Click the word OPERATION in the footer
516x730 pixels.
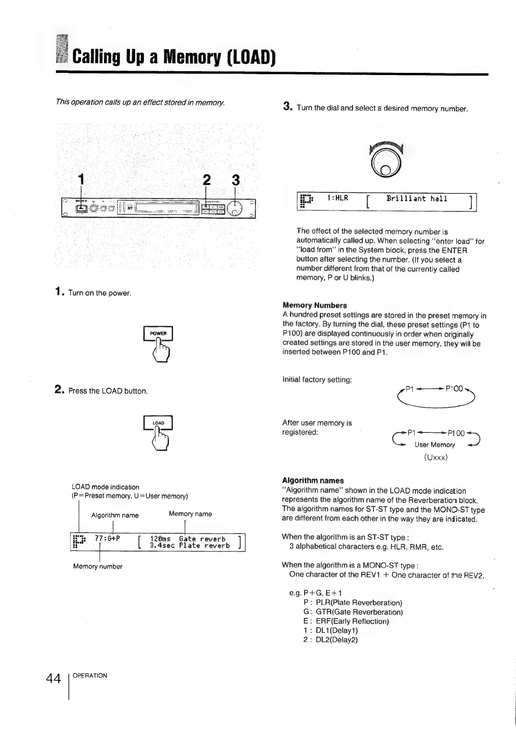coord(90,675)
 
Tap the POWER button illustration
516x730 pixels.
coord(158,334)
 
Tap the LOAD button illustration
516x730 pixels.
coord(158,423)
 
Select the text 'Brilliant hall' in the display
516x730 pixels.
coord(417,199)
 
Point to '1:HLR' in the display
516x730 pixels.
coord(338,199)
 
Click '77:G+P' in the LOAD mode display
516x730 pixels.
coord(107,539)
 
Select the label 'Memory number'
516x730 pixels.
coord(97,566)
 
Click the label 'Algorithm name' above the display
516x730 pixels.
coord(115,515)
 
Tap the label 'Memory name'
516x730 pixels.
coord(190,514)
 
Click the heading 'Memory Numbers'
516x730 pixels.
coord(315,305)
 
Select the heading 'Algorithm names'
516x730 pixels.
coord(312,481)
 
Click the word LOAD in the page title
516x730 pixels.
coord(250,56)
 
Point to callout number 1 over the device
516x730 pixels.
coord(80,179)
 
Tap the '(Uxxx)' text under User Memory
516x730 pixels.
coord(435,457)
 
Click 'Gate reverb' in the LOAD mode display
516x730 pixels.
coord(202,539)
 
